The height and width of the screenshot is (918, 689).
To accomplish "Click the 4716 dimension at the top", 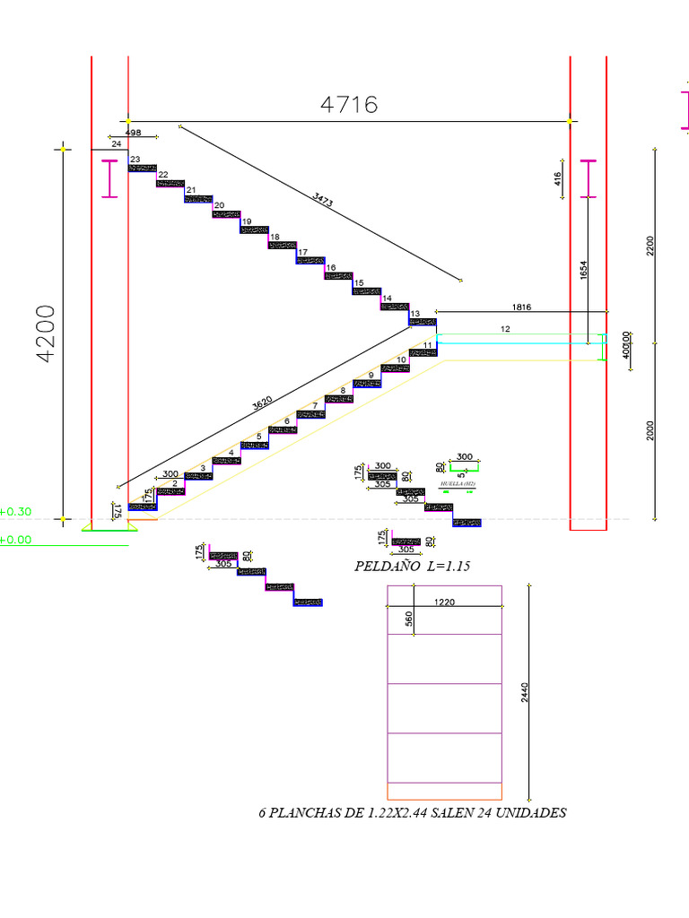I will pyautogui.click(x=349, y=105).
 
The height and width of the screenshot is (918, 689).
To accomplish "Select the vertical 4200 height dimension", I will pyautogui.click(x=47, y=333).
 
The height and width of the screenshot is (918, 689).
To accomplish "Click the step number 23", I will pyautogui.click(x=135, y=160).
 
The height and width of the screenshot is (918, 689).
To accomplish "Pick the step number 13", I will pyautogui.click(x=414, y=314).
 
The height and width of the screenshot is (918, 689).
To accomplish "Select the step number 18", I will pyautogui.click(x=275, y=238).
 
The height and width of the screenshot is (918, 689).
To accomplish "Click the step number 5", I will pyautogui.click(x=258, y=437).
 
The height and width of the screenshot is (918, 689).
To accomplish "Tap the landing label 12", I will pyautogui.click(x=505, y=330).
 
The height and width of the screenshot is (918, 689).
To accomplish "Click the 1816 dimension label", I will pyautogui.click(x=521, y=307).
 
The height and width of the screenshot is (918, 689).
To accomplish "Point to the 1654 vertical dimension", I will pyautogui.click(x=584, y=272).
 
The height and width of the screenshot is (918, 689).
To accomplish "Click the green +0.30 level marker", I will pyautogui.click(x=16, y=512).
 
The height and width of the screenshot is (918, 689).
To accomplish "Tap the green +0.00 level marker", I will pyautogui.click(x=16, y=540).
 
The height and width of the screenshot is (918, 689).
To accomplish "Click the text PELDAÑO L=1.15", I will pyautogui.click(x=413, y=567).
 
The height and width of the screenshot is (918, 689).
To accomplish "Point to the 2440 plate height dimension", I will pyautogui.click(x=525, y=692).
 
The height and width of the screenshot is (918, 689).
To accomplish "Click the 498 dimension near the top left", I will pyautogui.click(x=133, y=133).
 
